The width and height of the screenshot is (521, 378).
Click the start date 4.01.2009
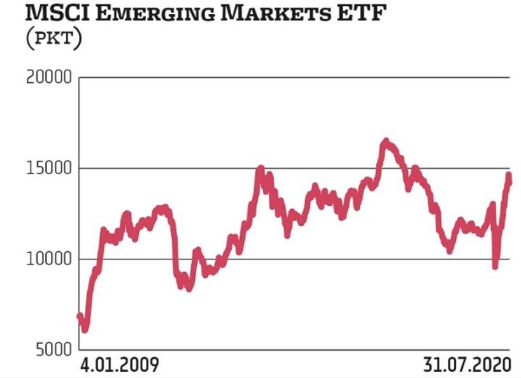(x=119, y=365)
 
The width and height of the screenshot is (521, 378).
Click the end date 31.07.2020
(x=467, y=365)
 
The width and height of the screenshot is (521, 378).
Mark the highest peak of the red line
(x=385, y=141)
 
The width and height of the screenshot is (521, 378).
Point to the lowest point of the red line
(x=85, y=330)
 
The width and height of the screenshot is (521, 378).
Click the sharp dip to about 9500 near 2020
(x=495, y=266)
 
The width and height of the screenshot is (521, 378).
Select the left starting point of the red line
(x=80, y=315)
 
